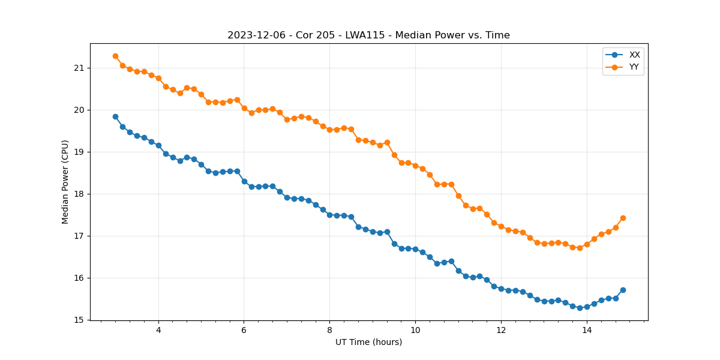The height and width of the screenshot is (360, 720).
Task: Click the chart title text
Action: pos(368,35)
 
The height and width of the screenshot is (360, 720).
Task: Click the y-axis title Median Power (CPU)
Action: pos(65,182)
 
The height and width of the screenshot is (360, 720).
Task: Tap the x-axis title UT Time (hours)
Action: pos(368,343)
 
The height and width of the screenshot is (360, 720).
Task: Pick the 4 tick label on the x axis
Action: pos(158,330)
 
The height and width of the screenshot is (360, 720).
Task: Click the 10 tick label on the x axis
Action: pos(415,330)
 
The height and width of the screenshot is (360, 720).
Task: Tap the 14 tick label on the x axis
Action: pos(586,330)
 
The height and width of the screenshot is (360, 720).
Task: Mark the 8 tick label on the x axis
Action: pos(329,330)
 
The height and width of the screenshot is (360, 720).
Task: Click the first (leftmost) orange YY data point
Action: pos(115,56)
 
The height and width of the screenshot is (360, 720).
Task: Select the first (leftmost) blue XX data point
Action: pos(115,116)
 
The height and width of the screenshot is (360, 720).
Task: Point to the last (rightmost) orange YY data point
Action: pos(623,218)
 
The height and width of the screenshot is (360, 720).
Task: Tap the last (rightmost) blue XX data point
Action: pos(623,290)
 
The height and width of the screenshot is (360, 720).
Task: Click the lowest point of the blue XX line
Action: pos(580,308)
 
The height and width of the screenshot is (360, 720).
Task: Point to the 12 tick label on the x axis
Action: pos(501,330)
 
